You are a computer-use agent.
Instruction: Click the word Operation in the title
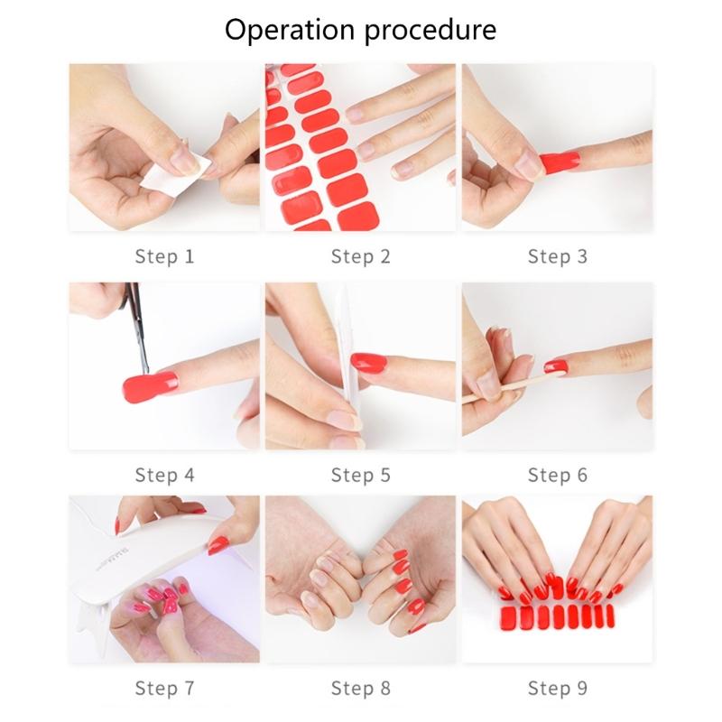pyautogui.click(x=290, y=30)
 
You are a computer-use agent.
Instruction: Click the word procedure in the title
pyautogui.click(x=430, y=31)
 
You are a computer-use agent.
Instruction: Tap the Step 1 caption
pyautogui.click(x=164, y=256)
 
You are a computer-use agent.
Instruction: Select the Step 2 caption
pyautogui.click(x=360, y=256)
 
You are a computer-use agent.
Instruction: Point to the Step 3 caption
pyautogui.click(x=557, y=256)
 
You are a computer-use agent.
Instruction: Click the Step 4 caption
pyautogui.click(x=164, y=475)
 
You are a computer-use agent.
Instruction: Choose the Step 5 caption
pyautogui.click(x=360, y=475)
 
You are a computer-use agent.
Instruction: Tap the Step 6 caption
pyautogui.click(x=557, y=475)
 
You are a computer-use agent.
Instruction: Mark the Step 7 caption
pyautogui.click(x=164, y=688)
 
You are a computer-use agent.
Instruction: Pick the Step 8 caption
pyautogui.click(x=360, y=688)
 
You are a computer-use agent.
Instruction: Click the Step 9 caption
pyautogui.click(x=557, y=688)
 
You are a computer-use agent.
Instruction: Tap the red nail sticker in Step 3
pyautogui.click(x=560, y=162)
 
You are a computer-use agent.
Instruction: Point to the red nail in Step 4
pyautogui.click(x=150, y=387)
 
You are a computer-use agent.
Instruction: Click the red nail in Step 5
pyautogui.click(x=368, y=363)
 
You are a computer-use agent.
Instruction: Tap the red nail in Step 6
pyautogui.click(x=556, y=367)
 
